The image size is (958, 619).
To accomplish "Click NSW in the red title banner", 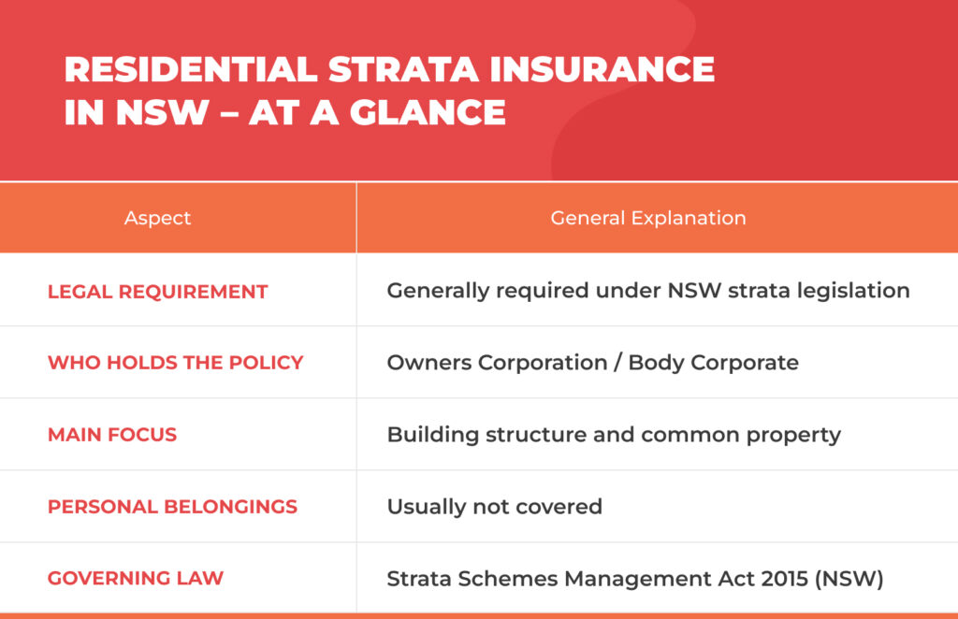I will click(162, 112).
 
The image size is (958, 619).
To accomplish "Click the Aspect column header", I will click(157, 218).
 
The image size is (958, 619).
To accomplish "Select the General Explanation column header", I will click(647, 218).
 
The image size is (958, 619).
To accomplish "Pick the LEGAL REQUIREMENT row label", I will click(157, 292).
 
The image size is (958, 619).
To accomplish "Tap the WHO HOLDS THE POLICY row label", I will click(175, 363).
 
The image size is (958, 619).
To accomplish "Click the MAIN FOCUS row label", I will click(111, 435).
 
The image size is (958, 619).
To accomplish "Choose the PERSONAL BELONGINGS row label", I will click(172, 507).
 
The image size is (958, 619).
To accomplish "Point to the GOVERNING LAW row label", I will click(135, 578).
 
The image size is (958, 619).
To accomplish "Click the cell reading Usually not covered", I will click(494, 507).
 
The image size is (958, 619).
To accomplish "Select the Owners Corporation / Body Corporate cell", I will click(592, 363).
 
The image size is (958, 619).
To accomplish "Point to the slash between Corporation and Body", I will click(617, 363).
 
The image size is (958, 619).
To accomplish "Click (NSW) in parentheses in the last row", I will click(849, 578).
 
